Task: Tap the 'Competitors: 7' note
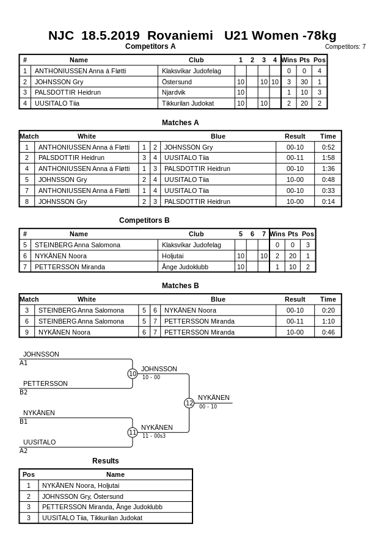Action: click(345, 46)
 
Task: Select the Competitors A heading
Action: click(150, 46)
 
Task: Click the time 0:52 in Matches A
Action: click(328, 147)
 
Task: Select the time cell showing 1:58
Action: click(328, 158)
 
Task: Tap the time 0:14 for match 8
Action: click(328, 201)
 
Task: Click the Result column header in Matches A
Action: click(295, 136)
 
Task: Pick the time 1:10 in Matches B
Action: click(328, 321)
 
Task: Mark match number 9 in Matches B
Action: click(27, 332)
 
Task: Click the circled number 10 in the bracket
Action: click(133, 374)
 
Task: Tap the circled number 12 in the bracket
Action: click(189, 403)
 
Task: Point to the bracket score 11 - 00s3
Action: click(154, 436)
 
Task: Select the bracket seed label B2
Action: click(24, 392)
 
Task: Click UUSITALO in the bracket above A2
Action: click(40, 442)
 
